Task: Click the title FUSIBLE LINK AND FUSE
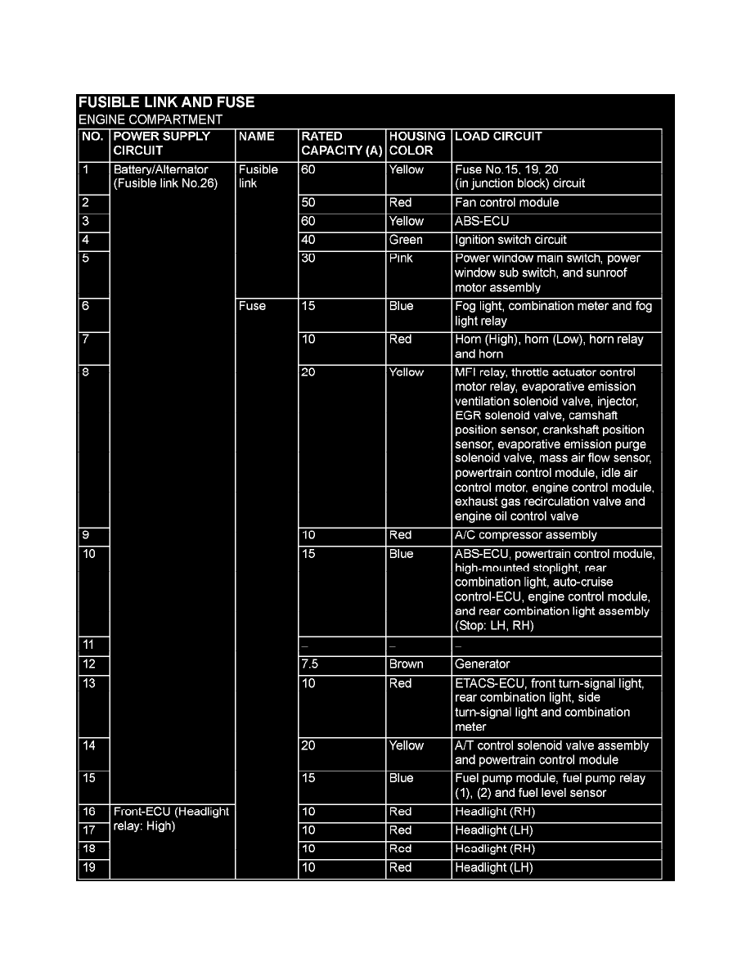pos(166,102)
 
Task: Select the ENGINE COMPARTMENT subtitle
pos(150,119)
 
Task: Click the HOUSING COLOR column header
pos(417,143)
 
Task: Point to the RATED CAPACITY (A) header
pos(341,143)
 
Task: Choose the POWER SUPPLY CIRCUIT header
pos(162,143)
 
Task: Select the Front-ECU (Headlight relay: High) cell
pos(172,819)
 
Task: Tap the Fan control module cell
pos(507,203)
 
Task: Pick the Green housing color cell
pos(407,240)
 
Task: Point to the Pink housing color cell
pos(402,259)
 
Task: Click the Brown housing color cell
pos(407,664)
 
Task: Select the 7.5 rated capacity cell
pos(310,664)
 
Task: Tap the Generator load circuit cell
pos(483,664)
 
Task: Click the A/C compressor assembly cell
pos(526,535)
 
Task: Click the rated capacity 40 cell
pos(308,240)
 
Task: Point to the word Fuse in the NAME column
pos(252,307)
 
